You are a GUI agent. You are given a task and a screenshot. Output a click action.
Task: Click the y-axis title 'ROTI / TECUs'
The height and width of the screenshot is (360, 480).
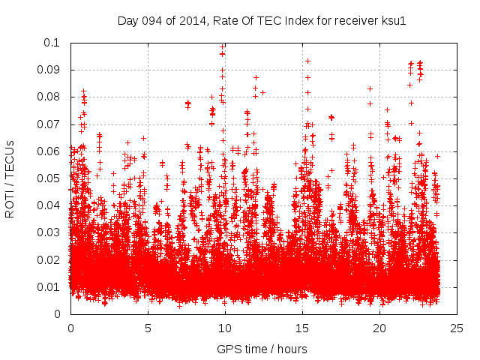coord(10,178)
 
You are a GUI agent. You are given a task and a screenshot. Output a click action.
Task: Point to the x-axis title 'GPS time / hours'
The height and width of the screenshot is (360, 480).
coord(262,349)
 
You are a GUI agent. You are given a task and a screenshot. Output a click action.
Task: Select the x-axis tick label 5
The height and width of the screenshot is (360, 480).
coord(148,328)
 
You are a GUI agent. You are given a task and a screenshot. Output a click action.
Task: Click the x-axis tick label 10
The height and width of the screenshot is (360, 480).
coord(225,328)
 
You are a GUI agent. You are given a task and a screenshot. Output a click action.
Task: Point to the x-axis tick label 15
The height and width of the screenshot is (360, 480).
coord(302,328)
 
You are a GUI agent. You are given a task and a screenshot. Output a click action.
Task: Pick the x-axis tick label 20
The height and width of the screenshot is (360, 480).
coord(379,328)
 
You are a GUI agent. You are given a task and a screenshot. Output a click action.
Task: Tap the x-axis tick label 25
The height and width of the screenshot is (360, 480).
coord(457,328)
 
